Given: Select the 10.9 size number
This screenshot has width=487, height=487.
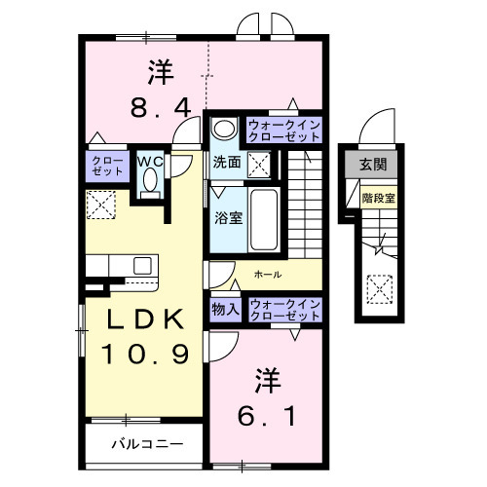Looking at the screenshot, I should [139, 354].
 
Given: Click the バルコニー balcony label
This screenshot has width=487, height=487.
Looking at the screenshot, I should [145, 444].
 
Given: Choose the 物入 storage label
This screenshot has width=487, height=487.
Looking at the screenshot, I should [225, 309].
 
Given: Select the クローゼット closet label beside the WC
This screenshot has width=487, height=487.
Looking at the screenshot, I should [102, 167].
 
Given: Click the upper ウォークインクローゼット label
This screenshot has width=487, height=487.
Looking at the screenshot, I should [283, 131].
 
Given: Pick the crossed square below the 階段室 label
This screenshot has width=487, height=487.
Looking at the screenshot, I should [378, 287].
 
